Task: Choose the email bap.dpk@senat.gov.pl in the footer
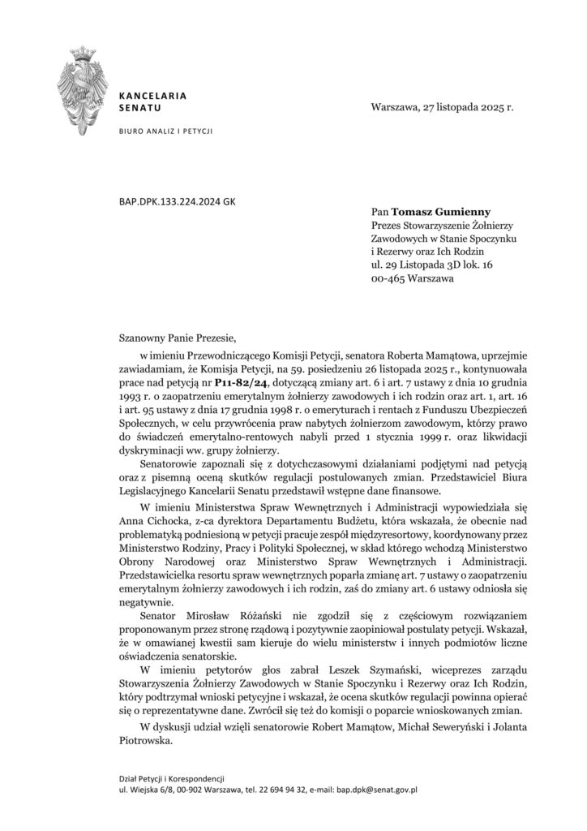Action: coord(376,788)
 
